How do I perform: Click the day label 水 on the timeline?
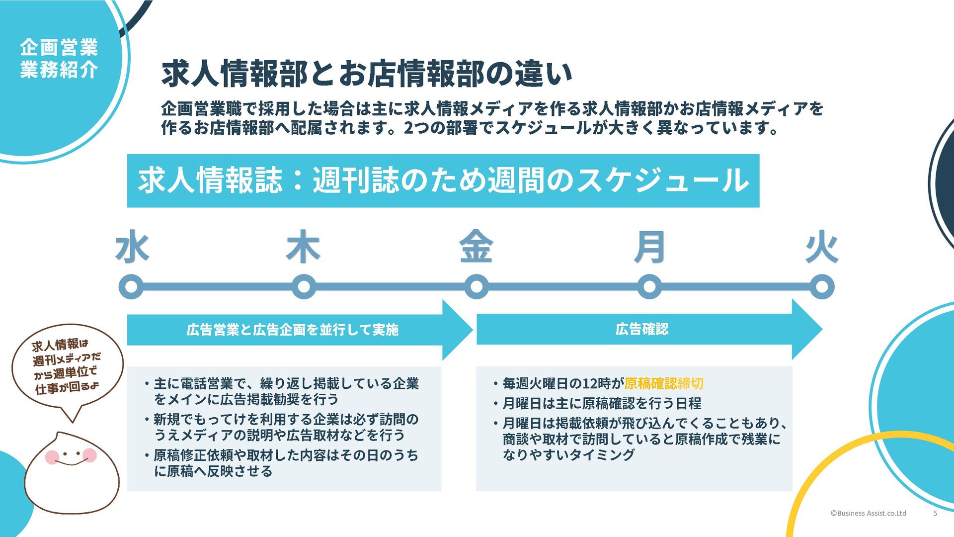(x=132, y=247)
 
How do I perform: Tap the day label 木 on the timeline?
(x=303, y=247)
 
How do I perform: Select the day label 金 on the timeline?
(x=476, y=247)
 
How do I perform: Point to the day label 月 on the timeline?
(x=649, y=247)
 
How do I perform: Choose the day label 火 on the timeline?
(x=822, y=247)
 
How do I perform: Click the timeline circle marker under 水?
(x=131, y=287)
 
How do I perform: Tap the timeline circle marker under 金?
(x=477, y=287)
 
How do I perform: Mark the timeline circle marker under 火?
(x=822, y=287)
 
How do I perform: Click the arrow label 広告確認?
(x=642, y=329)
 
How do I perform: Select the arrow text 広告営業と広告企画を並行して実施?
(x=292, y=330)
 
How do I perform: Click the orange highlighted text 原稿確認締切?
(x=664, y=383)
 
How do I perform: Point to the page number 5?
(x=935, y=513)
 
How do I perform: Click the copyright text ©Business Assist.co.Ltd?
(x=868, y=513)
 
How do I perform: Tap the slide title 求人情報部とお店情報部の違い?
(x=367, y=74)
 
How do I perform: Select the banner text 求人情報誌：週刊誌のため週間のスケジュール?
(x=443, y=180)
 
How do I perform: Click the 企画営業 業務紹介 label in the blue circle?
(x=59, y=59)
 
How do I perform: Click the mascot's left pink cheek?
(x=52, y=456)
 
